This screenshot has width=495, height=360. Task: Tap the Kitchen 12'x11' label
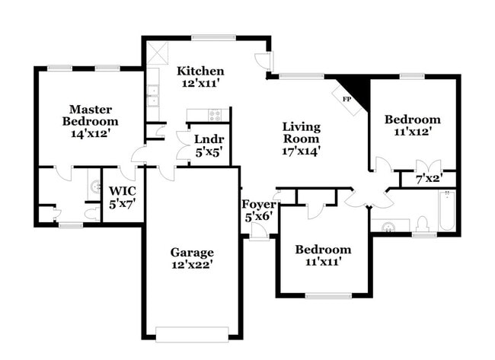200,78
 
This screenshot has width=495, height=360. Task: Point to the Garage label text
191,252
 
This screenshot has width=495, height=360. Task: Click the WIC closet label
122,191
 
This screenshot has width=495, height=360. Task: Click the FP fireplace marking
346,100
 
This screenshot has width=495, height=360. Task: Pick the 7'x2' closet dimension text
429,180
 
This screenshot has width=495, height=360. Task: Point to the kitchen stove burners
215,116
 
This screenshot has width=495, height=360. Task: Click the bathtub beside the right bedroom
446,212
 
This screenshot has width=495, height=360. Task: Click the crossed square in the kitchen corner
158,53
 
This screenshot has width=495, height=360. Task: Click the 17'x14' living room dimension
301,151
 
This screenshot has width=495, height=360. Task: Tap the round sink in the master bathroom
95,185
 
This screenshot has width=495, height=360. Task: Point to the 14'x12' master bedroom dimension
91,133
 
